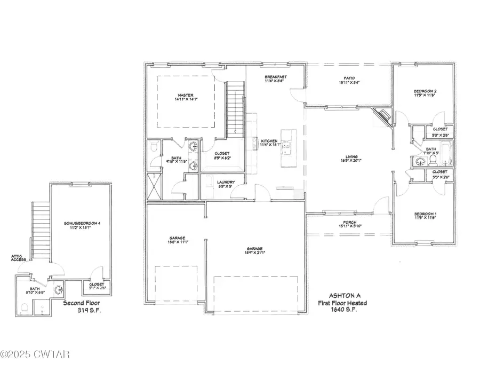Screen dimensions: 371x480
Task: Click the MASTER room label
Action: click(x=186, y=95)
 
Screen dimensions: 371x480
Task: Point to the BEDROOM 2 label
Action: click(x=425, y=91)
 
